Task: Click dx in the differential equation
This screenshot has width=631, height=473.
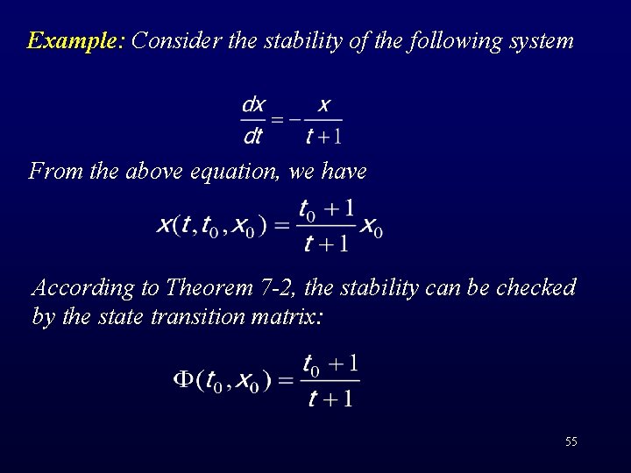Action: tap(252, 106)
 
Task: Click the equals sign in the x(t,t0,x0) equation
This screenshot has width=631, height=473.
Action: tap(280, 226)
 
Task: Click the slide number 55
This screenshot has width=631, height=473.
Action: tap(571, 441)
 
